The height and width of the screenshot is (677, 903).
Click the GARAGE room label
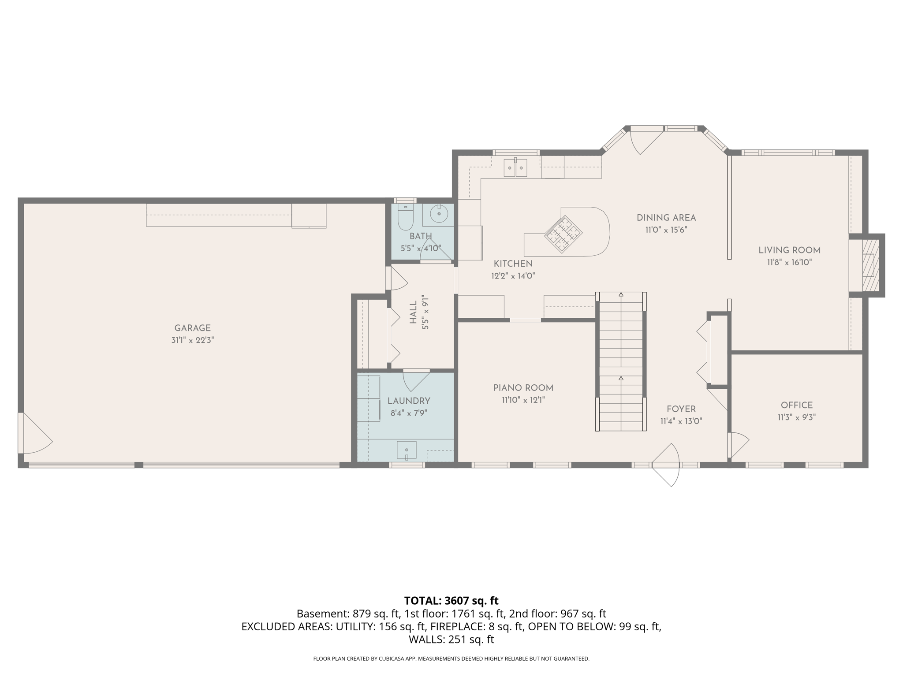[x=192, y=328]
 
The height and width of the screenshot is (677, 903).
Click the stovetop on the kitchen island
[x=563, y=234]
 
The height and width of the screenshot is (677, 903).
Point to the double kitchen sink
[x=515, y=167]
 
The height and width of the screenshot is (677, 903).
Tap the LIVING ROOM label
[x=789, y=250]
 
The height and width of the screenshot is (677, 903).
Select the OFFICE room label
[x=797, y=405]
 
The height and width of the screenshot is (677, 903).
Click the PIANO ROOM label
[x=523, y=388]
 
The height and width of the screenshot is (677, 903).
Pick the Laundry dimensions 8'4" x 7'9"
[x=409, y=413]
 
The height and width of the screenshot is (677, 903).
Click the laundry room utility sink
[x=407, y=450]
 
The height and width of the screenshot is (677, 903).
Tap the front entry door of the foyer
[x=666, y=465]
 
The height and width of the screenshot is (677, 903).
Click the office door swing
[x=739, y=445]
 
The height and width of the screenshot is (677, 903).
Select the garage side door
[x=35, y=433]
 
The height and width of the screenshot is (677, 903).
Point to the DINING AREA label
[x=666, y=218]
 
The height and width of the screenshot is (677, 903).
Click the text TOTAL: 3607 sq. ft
[x=451, y=601]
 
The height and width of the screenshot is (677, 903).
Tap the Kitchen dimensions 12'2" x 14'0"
[x=513, y=276]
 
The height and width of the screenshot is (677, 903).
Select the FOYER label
[x=681, y=409]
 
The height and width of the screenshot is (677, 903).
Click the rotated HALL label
[x=413, y=312]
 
